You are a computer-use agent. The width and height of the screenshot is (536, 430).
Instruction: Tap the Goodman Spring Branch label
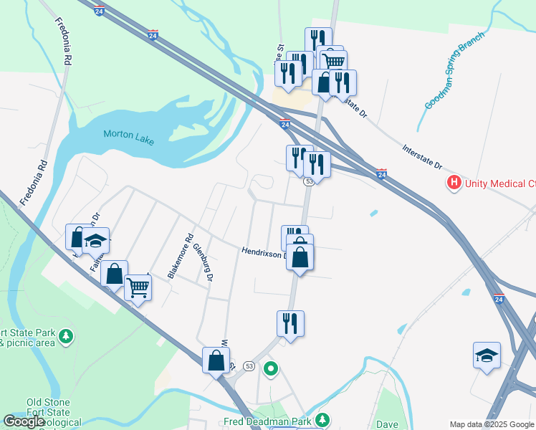[455, 70]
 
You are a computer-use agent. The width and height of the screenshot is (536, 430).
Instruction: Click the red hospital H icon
[454, 183]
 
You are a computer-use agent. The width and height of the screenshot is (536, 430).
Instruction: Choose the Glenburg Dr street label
[204, 262]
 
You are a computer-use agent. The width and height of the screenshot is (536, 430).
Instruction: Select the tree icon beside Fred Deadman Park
[324, 419]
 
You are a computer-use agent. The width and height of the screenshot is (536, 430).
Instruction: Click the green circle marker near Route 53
[271, 369]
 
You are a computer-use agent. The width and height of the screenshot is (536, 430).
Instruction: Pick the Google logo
[24, 421]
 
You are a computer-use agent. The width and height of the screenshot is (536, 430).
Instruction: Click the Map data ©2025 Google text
[492, 424]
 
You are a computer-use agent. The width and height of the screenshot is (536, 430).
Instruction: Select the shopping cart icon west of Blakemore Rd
[138, 287]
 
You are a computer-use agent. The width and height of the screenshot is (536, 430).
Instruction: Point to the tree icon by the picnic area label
[67, 335]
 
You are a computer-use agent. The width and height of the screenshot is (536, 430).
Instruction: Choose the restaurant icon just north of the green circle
[291, 323]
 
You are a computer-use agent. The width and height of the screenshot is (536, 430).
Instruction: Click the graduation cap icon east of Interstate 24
[487, 355]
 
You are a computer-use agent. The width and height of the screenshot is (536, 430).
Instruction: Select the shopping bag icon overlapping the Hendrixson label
[300, 256]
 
